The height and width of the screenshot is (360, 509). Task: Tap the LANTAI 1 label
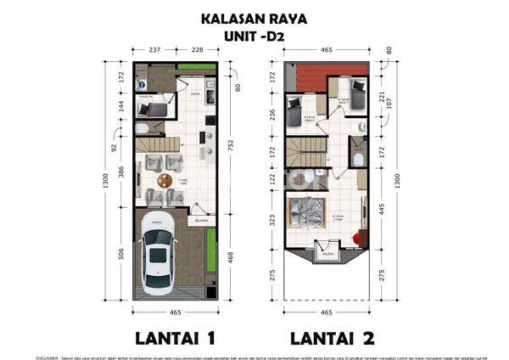(x=173, y=337)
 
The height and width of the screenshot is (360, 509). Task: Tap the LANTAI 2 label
(x=332, y=337)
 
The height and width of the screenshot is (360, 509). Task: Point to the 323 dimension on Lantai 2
(x=273, y=219)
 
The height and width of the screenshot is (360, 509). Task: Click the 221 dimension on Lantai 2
(x=383, y=96)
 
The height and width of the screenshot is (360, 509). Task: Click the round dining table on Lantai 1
(x=163, y=179)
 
